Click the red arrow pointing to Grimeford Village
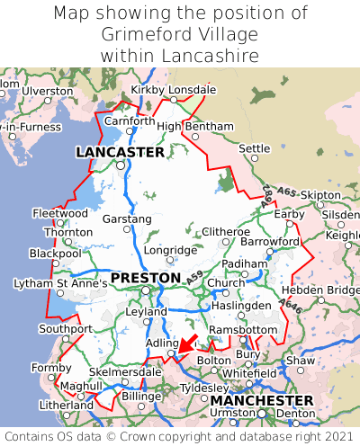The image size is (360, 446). [188, 343]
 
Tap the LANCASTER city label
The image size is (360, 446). [120, 153]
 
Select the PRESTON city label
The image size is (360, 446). [145, 278]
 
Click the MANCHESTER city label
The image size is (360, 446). [261, 399]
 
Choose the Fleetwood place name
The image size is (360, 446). [60, 213]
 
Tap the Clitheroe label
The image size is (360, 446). [225, 231]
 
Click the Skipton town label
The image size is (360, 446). [320, 195]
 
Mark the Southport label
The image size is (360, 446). [66, 328]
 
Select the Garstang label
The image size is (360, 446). [127, 219]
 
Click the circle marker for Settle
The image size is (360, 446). [254, 158]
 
